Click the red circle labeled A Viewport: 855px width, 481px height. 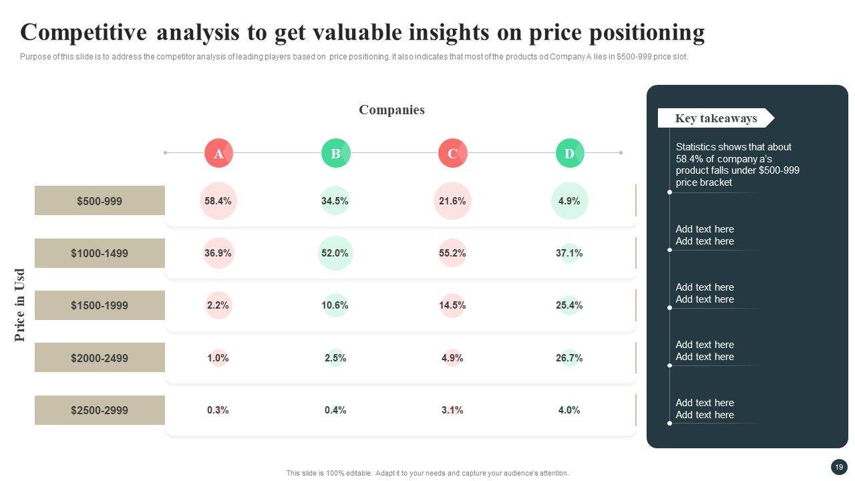(218, 153)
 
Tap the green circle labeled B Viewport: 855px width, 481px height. (335, 153)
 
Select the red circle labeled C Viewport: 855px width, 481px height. (452, 153)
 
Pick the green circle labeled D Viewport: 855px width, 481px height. (569, 153)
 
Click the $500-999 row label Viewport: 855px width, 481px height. (100, 200)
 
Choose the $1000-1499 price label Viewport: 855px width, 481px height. (100, 253)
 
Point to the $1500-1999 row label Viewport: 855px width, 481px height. (100, 305)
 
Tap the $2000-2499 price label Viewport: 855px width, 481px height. (100, 358)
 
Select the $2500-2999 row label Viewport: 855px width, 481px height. (100, 410)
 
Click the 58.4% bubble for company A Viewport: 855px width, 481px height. (218, 200)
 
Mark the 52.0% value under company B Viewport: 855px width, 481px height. (335, 253)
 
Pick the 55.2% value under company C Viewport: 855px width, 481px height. (452, 253)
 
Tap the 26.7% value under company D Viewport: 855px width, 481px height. (569, 358)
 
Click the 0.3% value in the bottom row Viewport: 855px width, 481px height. (218, 410)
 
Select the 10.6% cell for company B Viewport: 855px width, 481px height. (335, 305)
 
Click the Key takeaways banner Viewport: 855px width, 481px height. (715, 118)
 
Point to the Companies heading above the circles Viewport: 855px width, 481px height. (391, 110)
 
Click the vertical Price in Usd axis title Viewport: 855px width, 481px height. (20, 305)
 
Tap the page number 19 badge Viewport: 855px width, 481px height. (839, 467)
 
